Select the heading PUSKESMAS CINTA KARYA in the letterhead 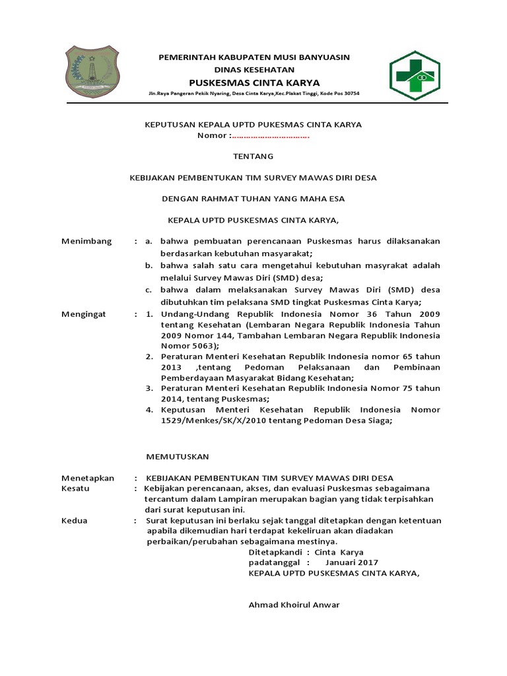pos(254,83)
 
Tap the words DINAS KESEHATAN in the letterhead pos(254,70)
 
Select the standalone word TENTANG pos(253,156)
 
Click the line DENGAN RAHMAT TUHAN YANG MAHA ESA pos(253,199)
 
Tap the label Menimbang pos(86,241)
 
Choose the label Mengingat pos(83,314)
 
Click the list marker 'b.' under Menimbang pos(149,265)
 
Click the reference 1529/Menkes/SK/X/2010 pos(213,421)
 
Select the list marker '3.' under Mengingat pos(149,389)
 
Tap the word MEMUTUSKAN pos(177,456)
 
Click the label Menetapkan pos(88,478)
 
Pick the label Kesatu pos(75,489)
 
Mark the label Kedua pos(74,520)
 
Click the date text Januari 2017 pos(352,562)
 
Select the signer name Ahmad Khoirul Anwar pos(294,605)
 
